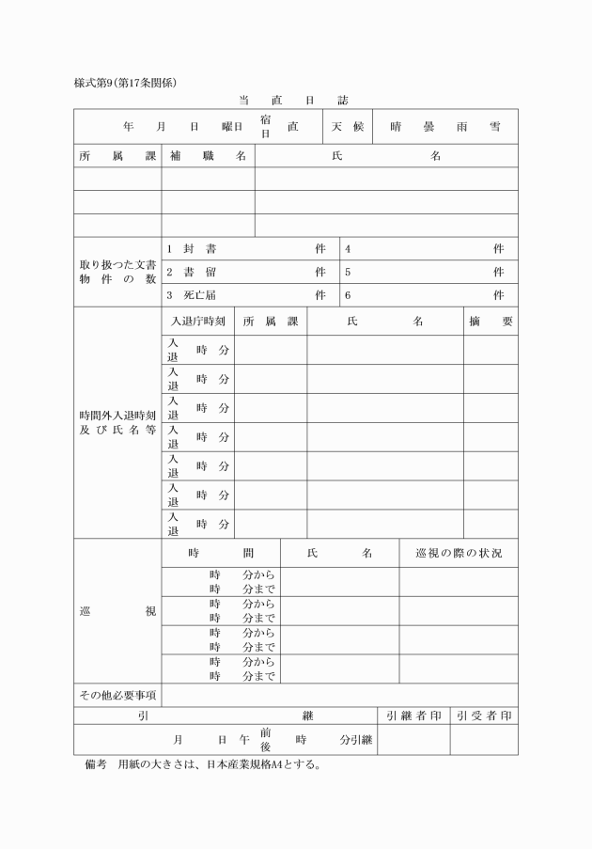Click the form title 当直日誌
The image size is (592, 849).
[x=294, y=100]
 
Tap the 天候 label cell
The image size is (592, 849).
[x=347, y=126]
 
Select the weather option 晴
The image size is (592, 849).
[x=396, y=126]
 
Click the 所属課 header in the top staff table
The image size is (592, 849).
[x=117, y=156]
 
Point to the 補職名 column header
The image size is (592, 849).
[x=208, y=156]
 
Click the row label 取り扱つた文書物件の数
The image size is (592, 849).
[x=117, y=272]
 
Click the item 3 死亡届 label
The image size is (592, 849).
[x=193, y=295]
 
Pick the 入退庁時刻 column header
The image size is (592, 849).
[x=197, y=321]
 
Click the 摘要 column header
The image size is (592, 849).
[x=491, y=321]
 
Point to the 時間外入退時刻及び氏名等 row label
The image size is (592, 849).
[x=117, y=422]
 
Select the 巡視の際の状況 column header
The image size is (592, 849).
[x=459, y=553]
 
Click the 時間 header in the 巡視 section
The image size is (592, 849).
[x=221, y=553]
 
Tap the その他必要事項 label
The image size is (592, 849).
[x=117, y=695]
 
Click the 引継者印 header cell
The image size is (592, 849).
[x=413, y=715]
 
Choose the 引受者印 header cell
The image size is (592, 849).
[x=484, y=715]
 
